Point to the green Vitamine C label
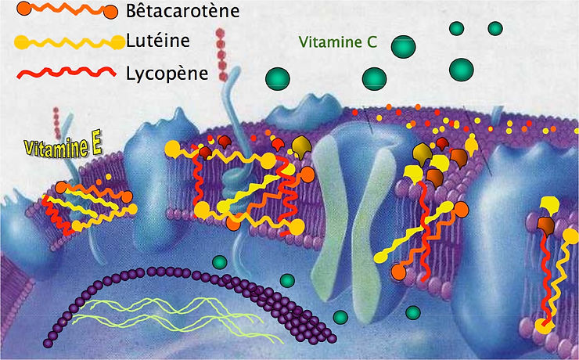point(337,44)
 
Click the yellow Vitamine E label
point(56,146)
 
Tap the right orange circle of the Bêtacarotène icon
point(109,12)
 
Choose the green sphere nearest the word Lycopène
point(277,78)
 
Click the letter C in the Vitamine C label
point(372,44)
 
